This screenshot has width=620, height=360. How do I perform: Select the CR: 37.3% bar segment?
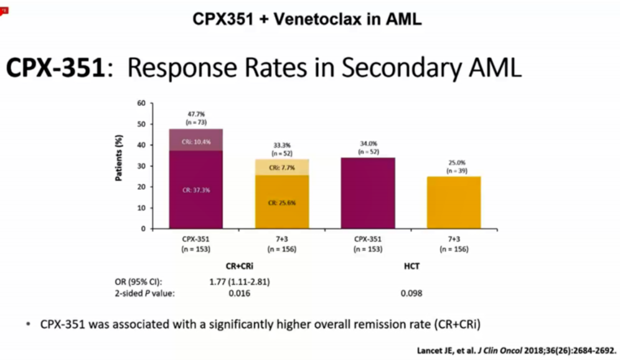[195, 189]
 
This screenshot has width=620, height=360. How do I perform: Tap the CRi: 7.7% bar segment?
[281, 167]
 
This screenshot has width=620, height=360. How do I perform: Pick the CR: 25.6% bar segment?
[281, 202]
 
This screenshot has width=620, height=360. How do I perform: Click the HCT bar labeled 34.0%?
[367, 193]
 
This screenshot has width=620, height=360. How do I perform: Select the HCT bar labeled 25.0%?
[453, 202]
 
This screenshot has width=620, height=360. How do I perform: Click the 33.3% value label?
[281, 145]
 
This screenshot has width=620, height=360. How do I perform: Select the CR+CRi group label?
[238, 264]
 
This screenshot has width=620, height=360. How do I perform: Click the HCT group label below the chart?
[411, 264]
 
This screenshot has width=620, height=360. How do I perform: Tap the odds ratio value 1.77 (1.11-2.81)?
[239, 281]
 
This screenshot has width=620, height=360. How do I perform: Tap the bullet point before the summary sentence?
[29, 325]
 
